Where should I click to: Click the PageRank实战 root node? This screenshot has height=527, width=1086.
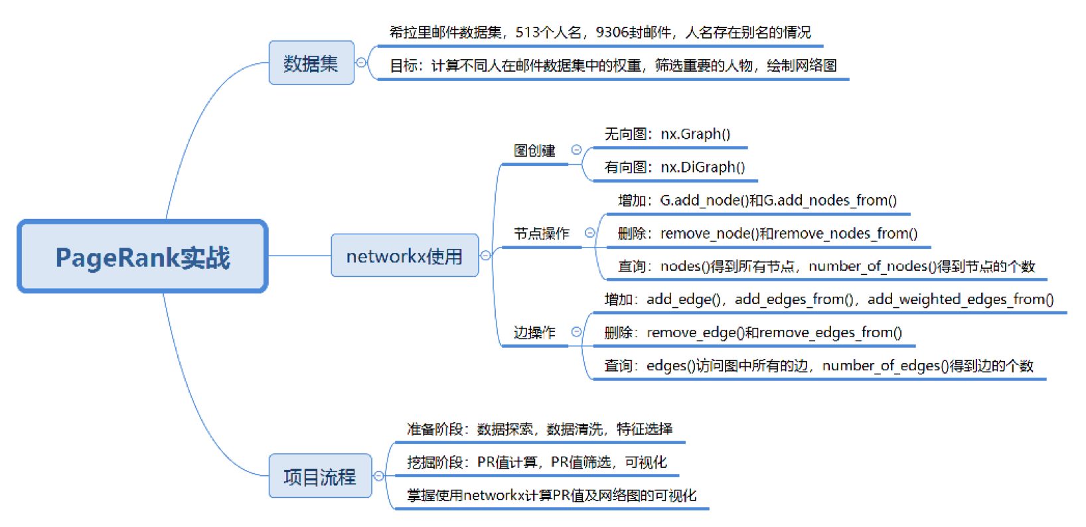143,256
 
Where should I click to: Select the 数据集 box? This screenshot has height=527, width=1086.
311,63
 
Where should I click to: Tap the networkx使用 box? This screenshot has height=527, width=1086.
405,256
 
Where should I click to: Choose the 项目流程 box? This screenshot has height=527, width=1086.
320,476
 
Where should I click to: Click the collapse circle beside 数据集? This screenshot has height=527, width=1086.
361,62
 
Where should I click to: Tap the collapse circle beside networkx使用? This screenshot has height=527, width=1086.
486,256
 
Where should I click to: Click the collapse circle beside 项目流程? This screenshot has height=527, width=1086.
378,476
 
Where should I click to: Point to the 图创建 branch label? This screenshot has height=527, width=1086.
534,151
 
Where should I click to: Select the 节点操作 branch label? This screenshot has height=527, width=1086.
542,234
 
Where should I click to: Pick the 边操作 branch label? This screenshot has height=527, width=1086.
534,333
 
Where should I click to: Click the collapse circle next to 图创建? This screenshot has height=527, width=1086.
576,150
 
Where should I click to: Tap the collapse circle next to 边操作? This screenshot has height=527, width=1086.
576,332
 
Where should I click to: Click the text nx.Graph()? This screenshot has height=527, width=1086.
696,134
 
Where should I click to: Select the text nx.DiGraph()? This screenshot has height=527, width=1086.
703,167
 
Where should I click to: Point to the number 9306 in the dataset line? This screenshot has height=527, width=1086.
612,33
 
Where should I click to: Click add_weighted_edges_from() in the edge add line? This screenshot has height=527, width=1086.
961,299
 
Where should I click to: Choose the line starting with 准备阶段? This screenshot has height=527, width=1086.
540,429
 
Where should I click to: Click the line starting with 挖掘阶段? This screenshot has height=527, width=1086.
537,463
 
